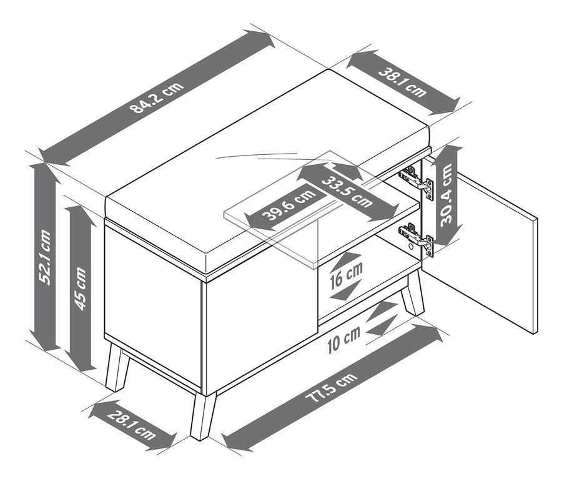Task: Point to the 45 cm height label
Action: (81, 285)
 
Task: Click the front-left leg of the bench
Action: (116, 368)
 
